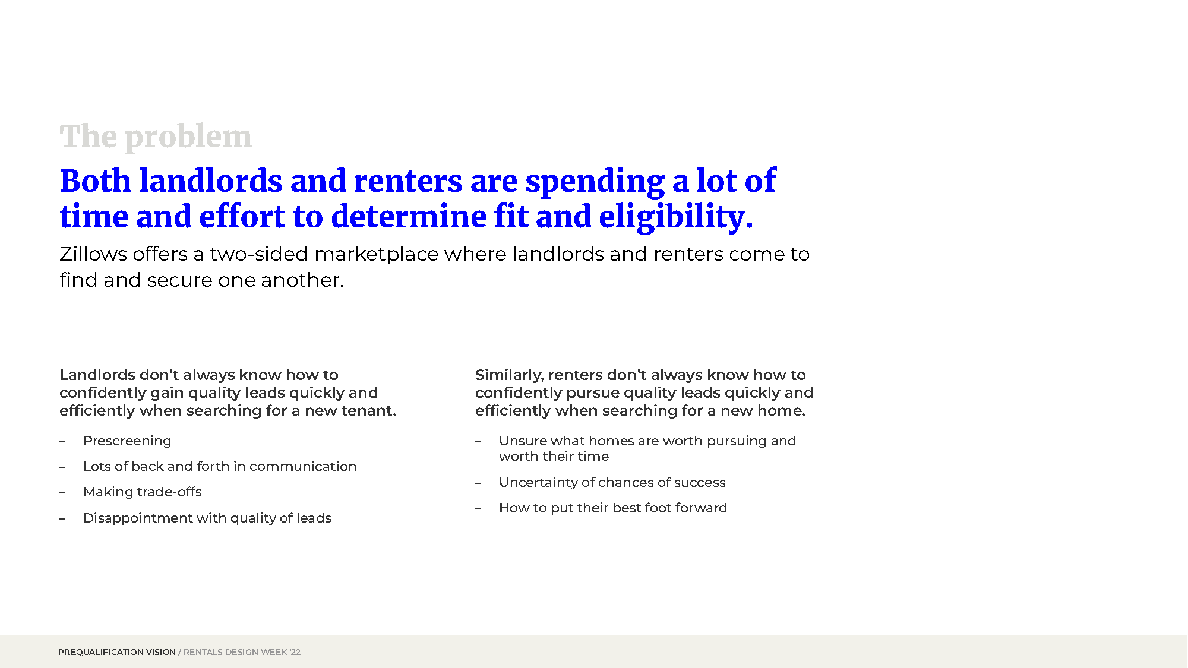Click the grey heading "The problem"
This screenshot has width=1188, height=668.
coord(156,137)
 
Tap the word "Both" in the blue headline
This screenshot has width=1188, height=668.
coord(95,181)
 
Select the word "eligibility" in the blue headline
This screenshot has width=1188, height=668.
coord(672,217)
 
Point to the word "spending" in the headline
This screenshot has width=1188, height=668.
coord(595,182)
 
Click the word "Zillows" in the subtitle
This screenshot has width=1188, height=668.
coord(93,254)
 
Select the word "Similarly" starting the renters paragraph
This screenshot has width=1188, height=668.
coord(509,376)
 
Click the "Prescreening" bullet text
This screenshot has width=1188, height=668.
coord(127,441)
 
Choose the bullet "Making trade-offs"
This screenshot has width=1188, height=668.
coord(143,492)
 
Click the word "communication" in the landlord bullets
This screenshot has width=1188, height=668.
coord(303,467)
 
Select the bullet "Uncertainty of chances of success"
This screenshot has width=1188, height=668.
coord(612,483)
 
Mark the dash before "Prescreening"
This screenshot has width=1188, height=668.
coord(62,442)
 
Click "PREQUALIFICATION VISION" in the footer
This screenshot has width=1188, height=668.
coord(117,652)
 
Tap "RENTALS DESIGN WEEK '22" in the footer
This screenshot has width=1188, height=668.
coord(242,652)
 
